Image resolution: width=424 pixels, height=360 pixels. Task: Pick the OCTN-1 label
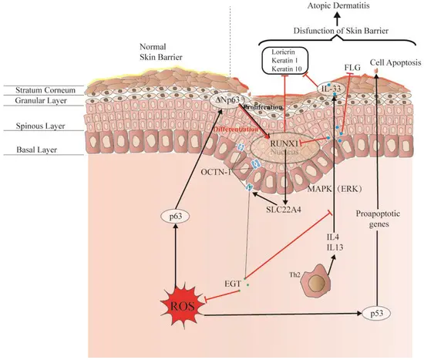tap(217, 164)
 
